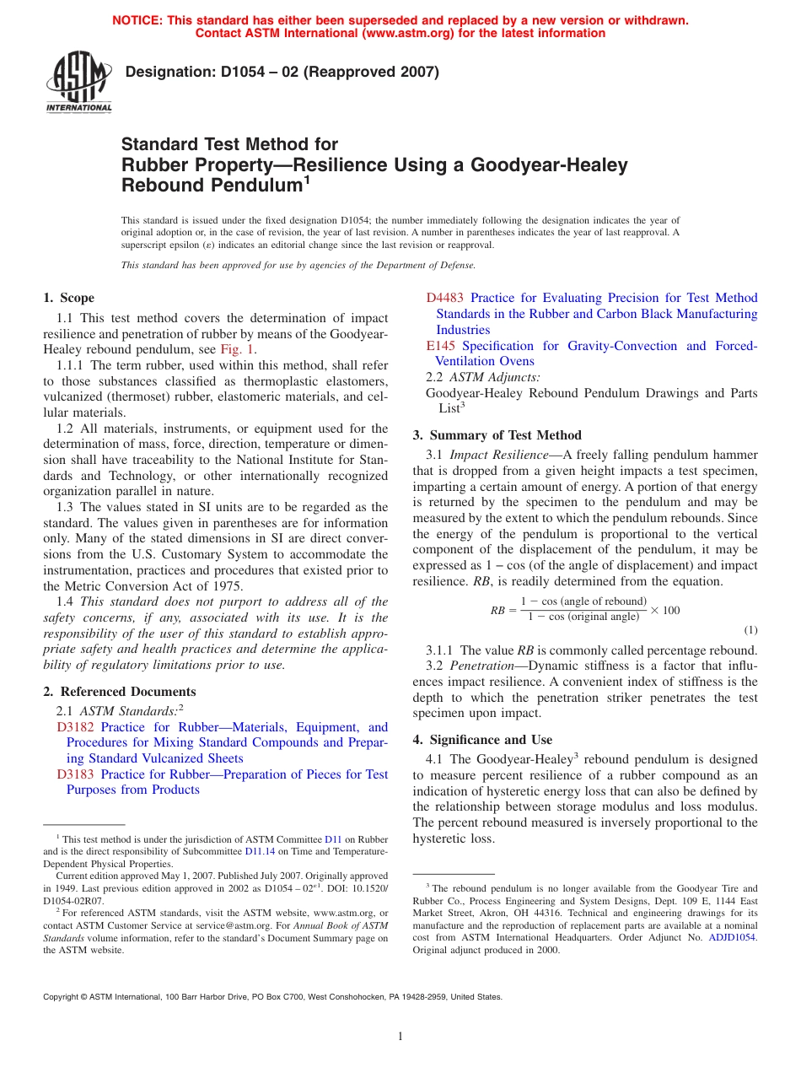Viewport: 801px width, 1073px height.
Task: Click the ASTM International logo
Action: (78, 83)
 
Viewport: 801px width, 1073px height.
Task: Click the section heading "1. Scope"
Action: (68, 298)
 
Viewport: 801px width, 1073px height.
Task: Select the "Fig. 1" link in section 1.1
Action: (237, 349)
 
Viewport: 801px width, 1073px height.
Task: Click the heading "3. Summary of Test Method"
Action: (497, 435)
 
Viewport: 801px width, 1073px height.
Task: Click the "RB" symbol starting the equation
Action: (497, 610)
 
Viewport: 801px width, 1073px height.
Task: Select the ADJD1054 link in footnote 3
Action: (732, 937)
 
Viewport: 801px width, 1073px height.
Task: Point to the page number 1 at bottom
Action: (400, 1037)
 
